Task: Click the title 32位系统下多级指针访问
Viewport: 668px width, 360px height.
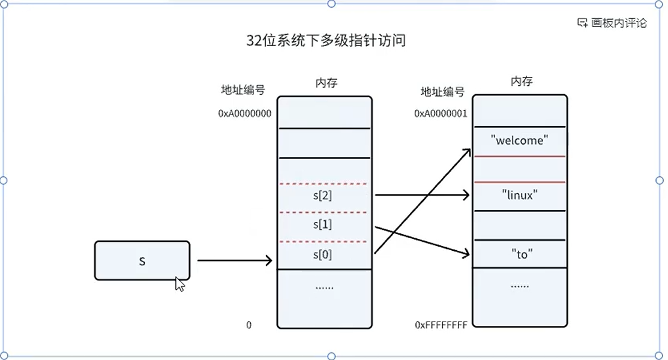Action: pos(326,41)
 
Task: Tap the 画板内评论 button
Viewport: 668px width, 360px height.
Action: pos(612,23)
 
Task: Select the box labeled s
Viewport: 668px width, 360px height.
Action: pos(142,260)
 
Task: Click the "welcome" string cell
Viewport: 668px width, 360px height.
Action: pos(520,141)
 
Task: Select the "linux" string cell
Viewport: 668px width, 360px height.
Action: pos(520,195)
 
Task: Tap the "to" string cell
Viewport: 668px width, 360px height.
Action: pos(520,254)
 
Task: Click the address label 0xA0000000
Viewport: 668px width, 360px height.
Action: pos(245,113)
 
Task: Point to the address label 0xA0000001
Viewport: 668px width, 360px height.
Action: pos(441,113)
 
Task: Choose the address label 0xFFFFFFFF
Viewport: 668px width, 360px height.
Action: pos(441,325)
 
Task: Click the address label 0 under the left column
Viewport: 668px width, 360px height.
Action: pos(249,325)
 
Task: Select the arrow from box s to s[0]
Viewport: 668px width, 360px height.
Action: pos(234,260)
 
